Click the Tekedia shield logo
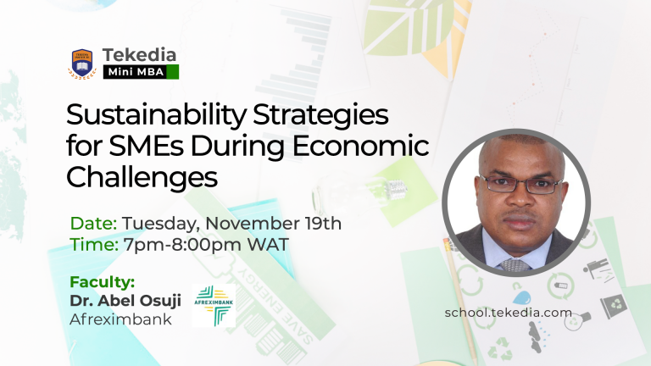point(82,63)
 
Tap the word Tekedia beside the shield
point(139,55)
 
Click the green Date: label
point(93,224)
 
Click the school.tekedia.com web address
point(509,313)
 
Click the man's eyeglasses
point(520,184)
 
